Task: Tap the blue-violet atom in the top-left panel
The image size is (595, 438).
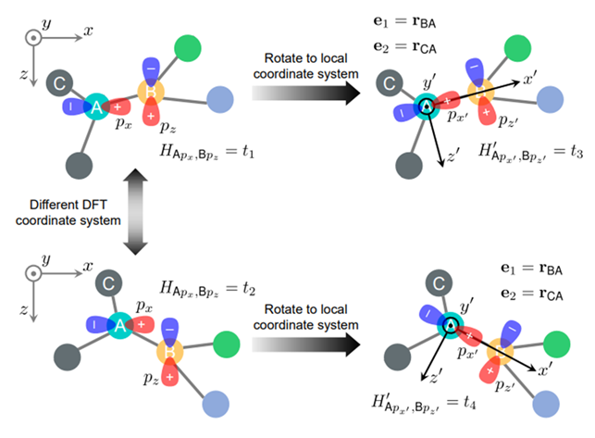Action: pos(219,99)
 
